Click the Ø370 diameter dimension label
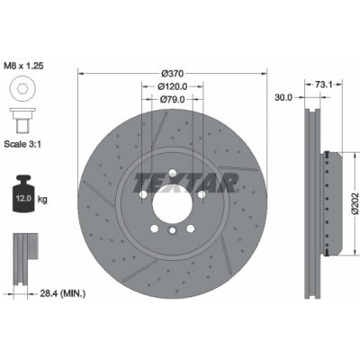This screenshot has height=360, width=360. tap(172, 73)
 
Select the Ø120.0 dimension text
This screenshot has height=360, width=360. tap(173, 86)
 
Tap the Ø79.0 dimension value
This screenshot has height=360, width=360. tap(173, 99)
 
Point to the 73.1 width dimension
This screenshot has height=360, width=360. tap(323, 85)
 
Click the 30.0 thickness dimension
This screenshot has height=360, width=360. tap(283, 97)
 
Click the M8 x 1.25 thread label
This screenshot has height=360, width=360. tap(23, 66)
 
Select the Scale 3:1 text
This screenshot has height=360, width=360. tap(22, 144)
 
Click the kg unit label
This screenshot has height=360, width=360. tap(42, 199)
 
